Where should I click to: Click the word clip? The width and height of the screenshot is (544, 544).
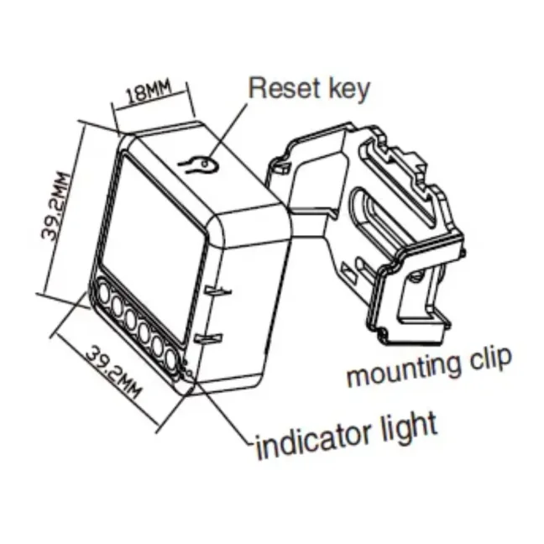pyautogui.click(x=487, y=362)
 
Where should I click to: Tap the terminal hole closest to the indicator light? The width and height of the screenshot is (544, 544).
pyautogui.click(x=172, y=359)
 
